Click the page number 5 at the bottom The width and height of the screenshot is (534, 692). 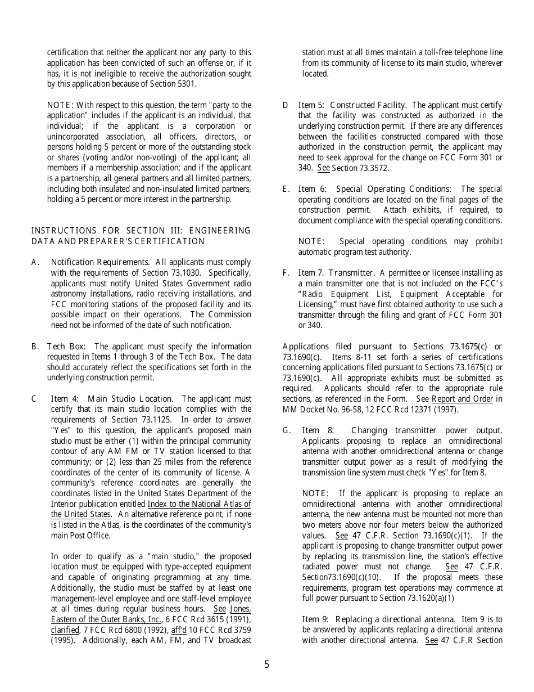[266, 664]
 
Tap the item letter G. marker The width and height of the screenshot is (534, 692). [287, 430]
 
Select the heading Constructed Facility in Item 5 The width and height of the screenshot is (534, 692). [368, 105]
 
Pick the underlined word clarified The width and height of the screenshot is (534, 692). [65, 630]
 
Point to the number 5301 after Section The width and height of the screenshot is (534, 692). [186, 84]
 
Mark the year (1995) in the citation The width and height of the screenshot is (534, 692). [62, 640]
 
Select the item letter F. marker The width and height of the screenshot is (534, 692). [286, 273]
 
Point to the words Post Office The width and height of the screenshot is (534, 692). [84, 535]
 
